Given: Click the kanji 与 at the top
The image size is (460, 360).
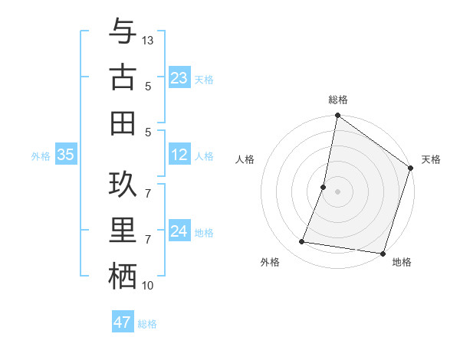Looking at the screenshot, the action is [x=123, y=32].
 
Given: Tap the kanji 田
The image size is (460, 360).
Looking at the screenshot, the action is [x=123, y=122].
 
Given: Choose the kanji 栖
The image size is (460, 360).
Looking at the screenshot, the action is [x=123, y=275].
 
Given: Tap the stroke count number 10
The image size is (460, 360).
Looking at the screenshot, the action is [x=148, y=286].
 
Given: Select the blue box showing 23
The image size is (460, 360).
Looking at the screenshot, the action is [x=179, y=78].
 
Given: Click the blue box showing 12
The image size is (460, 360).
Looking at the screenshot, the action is [x=179, y=155].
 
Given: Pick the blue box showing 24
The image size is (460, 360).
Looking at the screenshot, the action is [x=179, y=231].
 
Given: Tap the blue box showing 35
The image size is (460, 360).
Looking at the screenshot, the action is [x=65, y=155].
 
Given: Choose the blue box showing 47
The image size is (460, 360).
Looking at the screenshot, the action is [x=123, y=322].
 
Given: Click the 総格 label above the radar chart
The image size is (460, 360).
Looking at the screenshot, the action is [x=337, y=100].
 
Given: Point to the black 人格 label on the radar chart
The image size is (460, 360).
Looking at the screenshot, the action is [x=245, y=159].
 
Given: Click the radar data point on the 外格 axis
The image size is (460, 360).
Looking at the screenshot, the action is [x=302, y=242].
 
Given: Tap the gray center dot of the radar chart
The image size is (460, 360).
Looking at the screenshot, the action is [x=337, y=191].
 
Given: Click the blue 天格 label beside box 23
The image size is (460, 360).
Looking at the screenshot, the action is [x=204, y=80].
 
